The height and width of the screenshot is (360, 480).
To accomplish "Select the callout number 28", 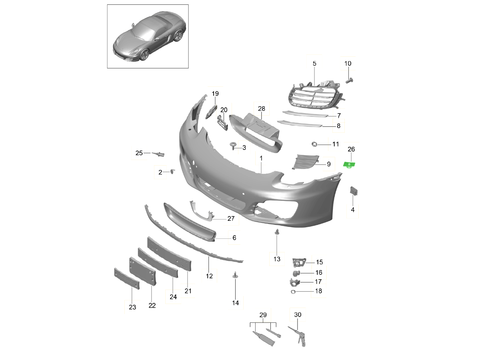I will tap(261, 109).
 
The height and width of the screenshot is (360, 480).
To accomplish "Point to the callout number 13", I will tap(277, 259).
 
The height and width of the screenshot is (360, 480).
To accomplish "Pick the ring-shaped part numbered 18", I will tap(294, 292).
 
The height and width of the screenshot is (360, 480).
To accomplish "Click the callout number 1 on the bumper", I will tap(261, 159).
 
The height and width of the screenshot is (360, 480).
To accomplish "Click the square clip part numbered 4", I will tap(354, 191).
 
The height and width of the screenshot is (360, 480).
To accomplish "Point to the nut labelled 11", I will tap(314, 144).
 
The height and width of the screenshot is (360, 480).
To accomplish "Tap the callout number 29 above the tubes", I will tap(263, 315).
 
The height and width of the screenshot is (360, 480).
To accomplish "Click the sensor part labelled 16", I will tap(296, 273).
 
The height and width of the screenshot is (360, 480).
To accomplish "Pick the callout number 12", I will tap(209, 276).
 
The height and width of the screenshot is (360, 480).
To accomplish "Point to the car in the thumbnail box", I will tap(148, 38).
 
